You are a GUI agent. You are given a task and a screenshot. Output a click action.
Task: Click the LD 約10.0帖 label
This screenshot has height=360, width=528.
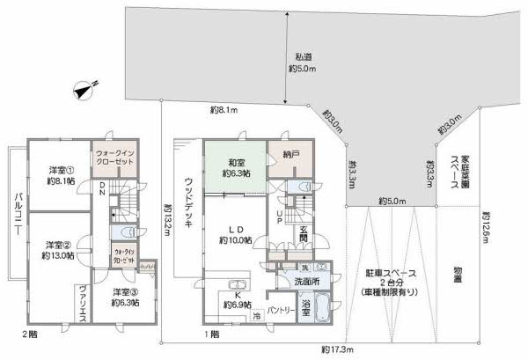(x=236, y=232)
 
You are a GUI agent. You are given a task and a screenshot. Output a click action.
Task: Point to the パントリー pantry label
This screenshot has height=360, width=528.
(x=280, y=311)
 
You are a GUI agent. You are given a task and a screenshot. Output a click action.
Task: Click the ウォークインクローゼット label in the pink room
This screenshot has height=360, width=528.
(x=114, y=158)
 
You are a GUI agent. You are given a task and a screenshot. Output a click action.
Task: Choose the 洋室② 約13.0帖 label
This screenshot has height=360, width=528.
(x=58, y=249)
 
